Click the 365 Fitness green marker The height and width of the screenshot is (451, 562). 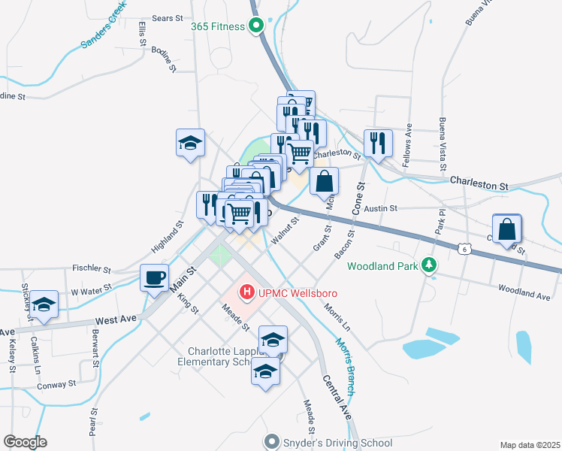(x=255, y=27)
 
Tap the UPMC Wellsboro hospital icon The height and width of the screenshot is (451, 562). (x=245, y=292)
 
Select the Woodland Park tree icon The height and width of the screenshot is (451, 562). (x=429, y=265)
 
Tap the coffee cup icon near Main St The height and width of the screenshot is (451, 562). (x=155, y=278)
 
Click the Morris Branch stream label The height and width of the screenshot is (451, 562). (x=346, y=365)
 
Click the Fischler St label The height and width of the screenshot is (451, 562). (x=92, y=268)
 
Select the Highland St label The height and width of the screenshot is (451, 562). (x=168, y=235)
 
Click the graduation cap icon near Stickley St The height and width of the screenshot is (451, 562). (x=44, y=304)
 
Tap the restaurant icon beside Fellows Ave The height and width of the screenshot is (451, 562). (x=377, y=142)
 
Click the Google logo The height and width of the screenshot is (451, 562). (x=25, y=442)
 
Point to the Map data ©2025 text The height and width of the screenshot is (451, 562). (x=530, y=445)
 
